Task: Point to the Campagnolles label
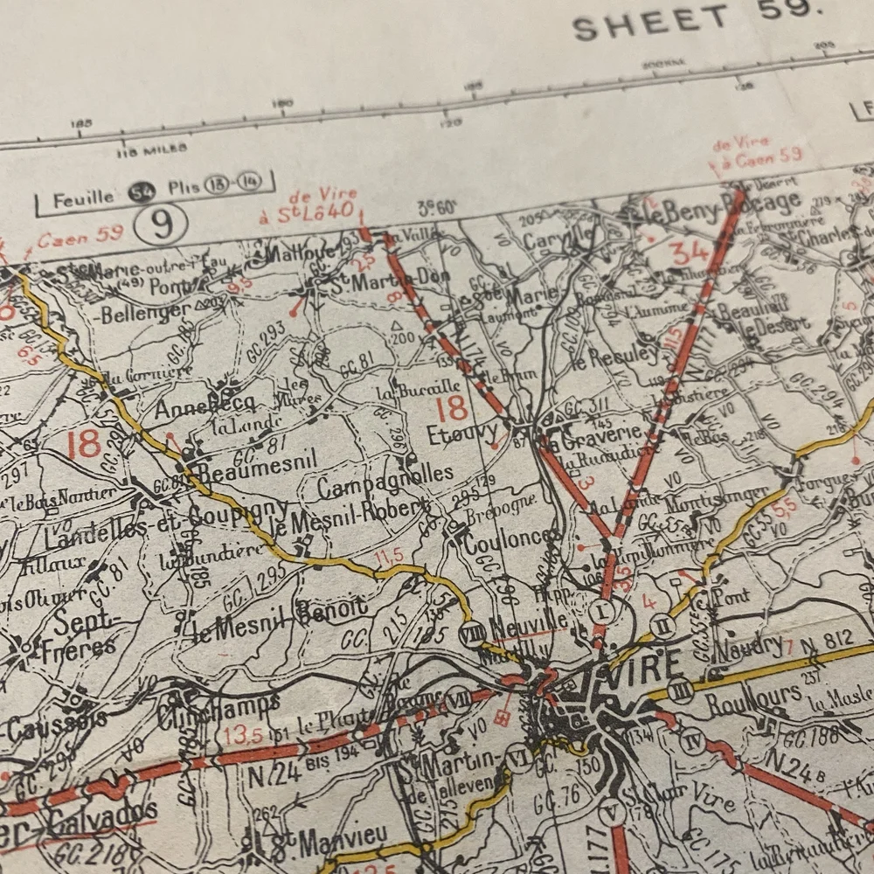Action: [385, 482]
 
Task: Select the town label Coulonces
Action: [511, 539]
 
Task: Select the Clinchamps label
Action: [218, 710]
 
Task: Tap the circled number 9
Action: [162, 225]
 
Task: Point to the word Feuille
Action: [83, 198]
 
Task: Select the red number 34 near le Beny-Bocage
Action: [690, 253]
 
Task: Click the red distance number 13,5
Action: [242, 732]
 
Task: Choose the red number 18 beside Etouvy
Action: [452, 407]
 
